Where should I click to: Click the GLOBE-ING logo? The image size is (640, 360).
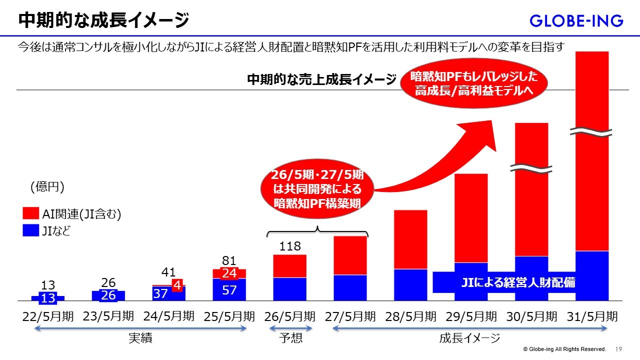(576, 20)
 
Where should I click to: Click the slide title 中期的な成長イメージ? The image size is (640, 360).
(103, 20)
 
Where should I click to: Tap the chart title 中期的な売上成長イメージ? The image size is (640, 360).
(321, 79)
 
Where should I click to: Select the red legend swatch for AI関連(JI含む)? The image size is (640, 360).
(31, 213)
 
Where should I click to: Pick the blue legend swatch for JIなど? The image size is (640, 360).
(31, 230)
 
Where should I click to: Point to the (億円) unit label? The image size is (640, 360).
(47, 187)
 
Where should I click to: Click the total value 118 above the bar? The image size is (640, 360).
(290, 246)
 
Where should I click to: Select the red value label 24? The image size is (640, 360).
(229, 273)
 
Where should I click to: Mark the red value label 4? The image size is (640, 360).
(176, 285)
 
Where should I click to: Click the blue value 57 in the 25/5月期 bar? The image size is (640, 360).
(229, 289)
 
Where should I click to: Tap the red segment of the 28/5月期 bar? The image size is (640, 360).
(410, 239)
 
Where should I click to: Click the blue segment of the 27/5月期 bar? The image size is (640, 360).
(350, 287)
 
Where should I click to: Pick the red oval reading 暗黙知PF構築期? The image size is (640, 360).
(317, 190)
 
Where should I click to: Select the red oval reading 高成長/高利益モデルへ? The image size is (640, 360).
(473, 83)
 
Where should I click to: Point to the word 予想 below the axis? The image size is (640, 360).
(290, 338)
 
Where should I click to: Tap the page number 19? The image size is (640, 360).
(618, 349)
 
